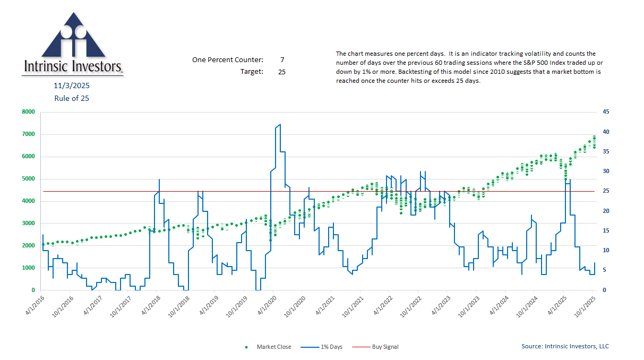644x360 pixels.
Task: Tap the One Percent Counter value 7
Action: pyautogui.click(x=282, y=60)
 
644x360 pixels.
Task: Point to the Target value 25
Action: pyautogui.click(x=282, y=71)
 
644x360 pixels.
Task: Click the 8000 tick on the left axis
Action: pyautogui.click(x=28, y=112)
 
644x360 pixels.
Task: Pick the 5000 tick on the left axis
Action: pyautogui.click(x=28, y=179)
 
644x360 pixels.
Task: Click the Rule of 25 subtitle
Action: pyautogui.click(x=71, y=98)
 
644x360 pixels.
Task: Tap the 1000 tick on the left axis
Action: pyautogui.click(x=28, y=268)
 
